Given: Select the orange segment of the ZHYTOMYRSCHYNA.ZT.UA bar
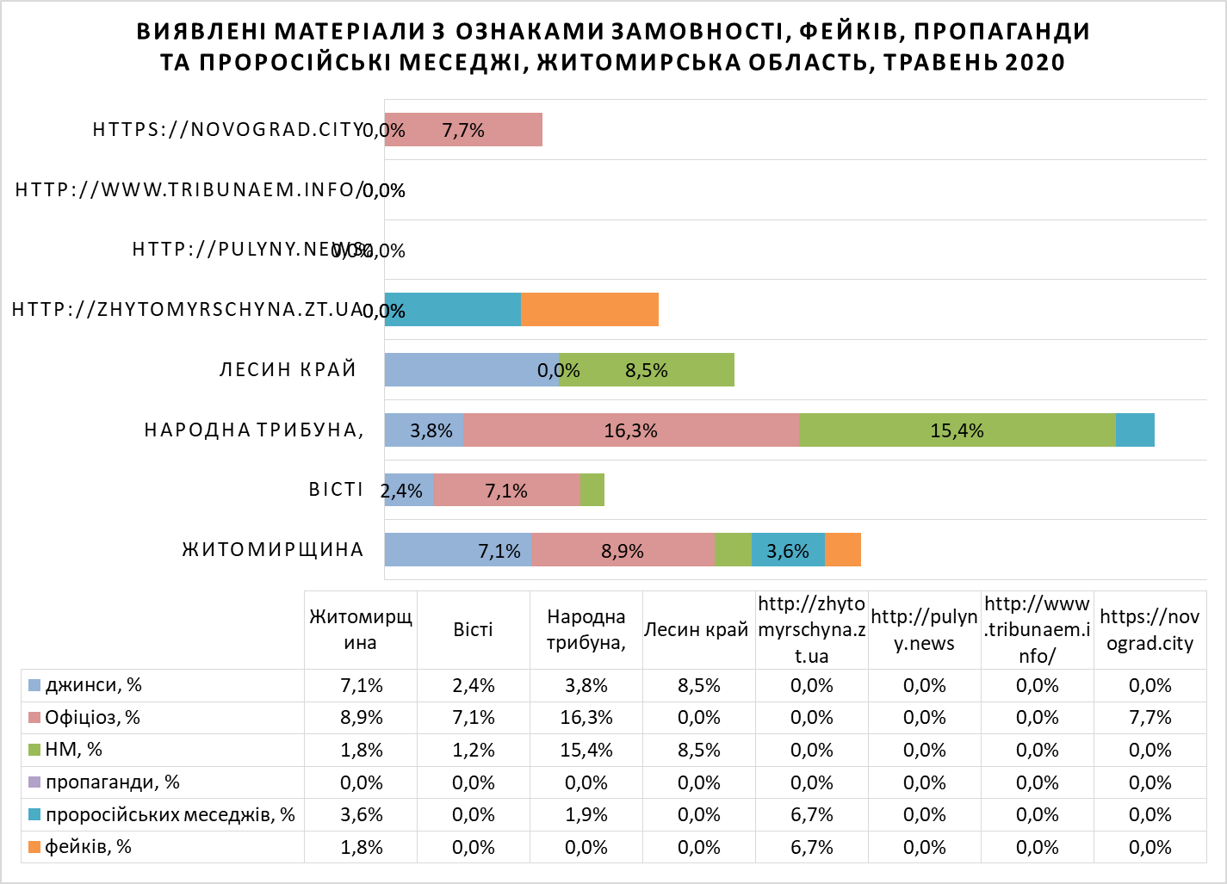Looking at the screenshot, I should click(x=590, y=310).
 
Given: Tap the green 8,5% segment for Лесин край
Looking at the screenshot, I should click(x=647, y=370).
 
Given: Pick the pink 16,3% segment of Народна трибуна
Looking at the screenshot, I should click(x=630, y=430).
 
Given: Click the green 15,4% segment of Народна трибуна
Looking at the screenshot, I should click(x=957, y=430).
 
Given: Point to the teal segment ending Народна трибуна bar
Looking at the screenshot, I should click(x=1135, y=430).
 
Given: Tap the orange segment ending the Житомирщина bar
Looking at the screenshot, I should click(x=843, y=550).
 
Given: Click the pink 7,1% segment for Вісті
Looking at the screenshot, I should click(x=506, y=491).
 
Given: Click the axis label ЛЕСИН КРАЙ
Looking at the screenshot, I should click(x=288, y=370).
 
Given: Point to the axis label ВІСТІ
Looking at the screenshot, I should click(x=336, y=490).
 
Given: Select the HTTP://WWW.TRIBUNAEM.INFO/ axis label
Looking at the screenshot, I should click(x=189, y=189).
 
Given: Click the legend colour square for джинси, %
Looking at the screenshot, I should click(x=34, y=686).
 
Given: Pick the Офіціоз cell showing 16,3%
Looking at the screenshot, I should click(x=586, y=718).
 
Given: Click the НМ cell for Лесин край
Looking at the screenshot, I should click(x=698, y=751).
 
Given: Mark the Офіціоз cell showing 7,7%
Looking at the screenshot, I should click(x=1150, y=718).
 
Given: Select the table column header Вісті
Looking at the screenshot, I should click(x=473, y=629).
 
